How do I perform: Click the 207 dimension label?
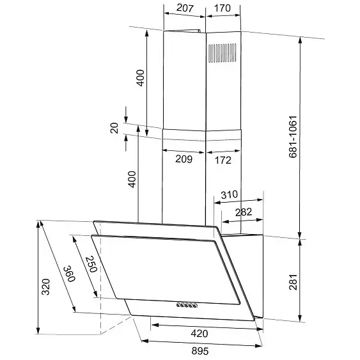[185, 8]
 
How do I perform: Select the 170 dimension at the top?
[223, 8]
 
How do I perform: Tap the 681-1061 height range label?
[293, 137]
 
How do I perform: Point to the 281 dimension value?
[293, 282]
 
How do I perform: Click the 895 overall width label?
[200, 351]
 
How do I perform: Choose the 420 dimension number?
[200, 333]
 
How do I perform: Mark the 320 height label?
[45, 286]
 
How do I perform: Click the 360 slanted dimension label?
[69, 274]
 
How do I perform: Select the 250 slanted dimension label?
[91, 264]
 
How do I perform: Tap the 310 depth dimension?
[229, 194]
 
